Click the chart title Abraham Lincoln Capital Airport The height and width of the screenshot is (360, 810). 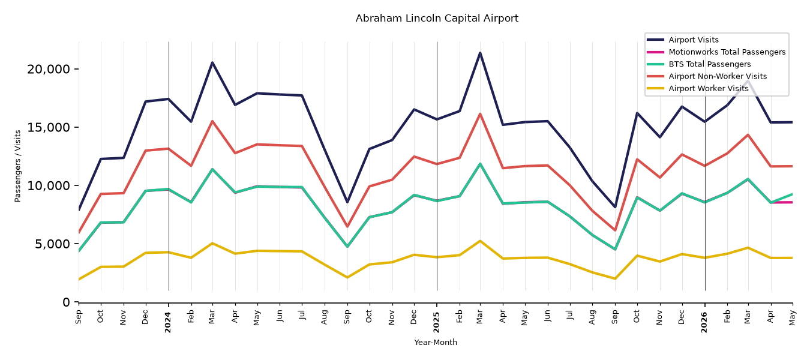(x=437, y=19)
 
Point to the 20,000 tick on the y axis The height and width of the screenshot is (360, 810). (x=49, y=69)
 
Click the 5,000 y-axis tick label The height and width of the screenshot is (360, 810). (x=52, y=244)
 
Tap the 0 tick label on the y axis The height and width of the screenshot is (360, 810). (x=66, y=302)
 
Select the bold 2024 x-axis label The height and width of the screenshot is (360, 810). (x=168, y=322)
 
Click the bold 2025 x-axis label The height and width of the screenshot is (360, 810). (x=436, y=322)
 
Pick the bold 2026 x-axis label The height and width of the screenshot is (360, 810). (x=704, y=322)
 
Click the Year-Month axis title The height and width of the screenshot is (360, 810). (x=436, y=342)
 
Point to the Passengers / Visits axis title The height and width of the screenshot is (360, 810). (x=18, y=166)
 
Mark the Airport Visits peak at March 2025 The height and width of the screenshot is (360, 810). (x=480, y=53)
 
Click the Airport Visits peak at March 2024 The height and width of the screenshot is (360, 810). (x=212, y=62)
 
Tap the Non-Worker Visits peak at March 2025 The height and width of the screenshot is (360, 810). (x=480, y=114)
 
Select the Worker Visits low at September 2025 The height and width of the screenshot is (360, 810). (x=615, y=278)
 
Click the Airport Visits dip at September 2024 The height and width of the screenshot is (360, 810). (x=347, y=202)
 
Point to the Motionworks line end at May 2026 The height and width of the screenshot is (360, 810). (x=792, y=202)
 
